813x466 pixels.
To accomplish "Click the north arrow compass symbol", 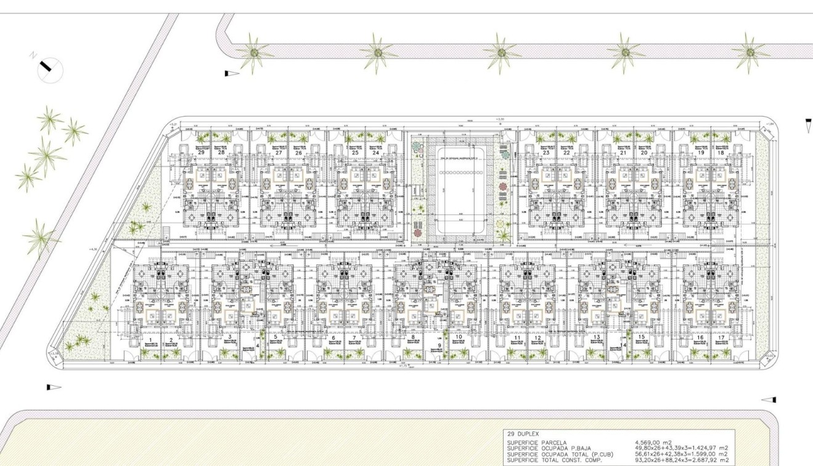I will [50, 69].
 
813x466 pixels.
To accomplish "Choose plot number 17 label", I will [721, 338].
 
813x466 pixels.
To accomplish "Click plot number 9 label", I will [439, 346].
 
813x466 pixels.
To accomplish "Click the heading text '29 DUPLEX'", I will [523, 434].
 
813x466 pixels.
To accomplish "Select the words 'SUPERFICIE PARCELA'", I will [534, 443].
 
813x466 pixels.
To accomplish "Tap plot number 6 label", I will [333, 338].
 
